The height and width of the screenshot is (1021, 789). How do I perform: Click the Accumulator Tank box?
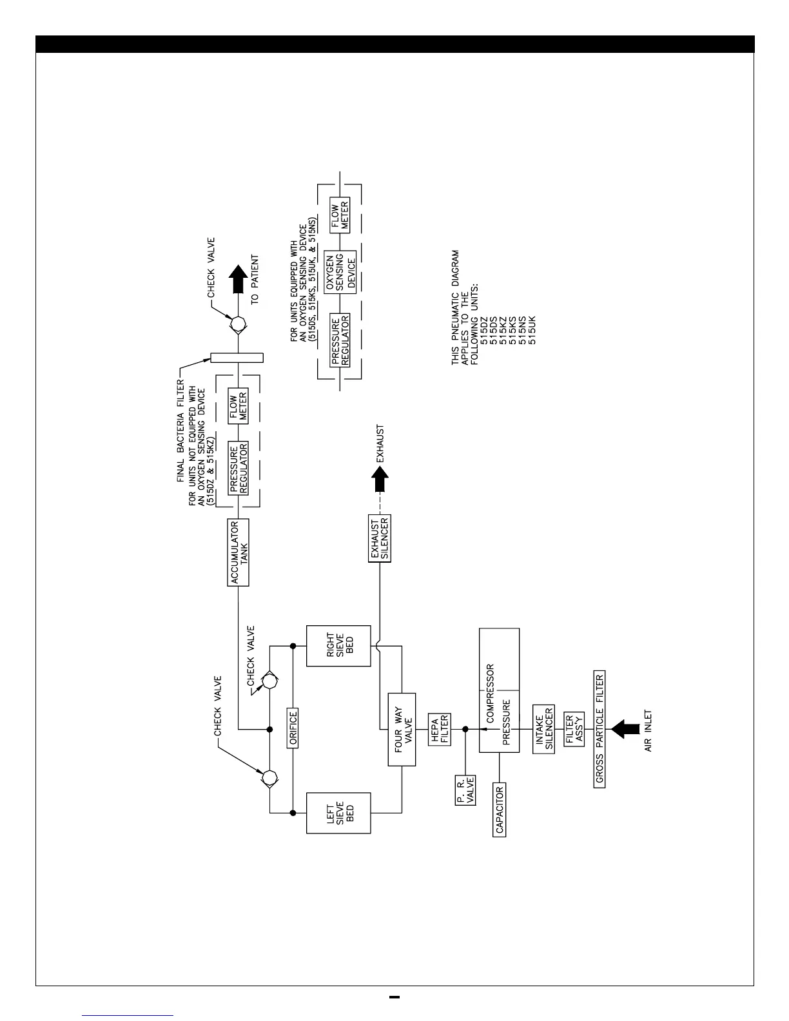point(239,552)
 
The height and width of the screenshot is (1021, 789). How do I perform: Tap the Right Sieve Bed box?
point(339,645)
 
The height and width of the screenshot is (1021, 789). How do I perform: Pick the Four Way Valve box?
point(402,729)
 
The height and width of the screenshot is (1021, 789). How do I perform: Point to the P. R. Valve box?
point(465,789)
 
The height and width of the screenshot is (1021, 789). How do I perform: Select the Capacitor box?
point(500,808)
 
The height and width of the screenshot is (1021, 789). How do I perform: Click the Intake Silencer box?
point(544,729)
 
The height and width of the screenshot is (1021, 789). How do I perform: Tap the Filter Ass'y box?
point(574,730)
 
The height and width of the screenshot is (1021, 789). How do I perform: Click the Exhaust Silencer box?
point(380,538)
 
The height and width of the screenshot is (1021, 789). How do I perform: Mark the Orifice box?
point(293,728)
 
